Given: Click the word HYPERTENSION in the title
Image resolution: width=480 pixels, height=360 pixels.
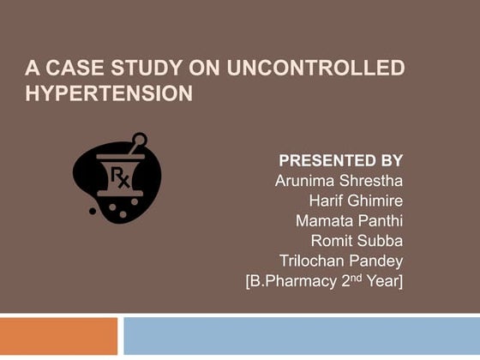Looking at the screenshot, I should click(x=109, y=93).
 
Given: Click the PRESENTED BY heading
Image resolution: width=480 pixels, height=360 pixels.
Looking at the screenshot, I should click(x=340, y=160).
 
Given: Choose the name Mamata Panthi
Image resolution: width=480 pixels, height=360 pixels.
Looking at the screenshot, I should click(x=349, y=220).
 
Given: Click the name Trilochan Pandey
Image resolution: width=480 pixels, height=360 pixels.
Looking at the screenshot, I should click(x=341, y=260).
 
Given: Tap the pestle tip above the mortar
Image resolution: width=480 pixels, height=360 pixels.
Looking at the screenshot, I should click(x=139, y=139).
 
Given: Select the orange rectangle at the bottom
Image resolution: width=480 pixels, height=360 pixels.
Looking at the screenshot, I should click(x=58, y=336).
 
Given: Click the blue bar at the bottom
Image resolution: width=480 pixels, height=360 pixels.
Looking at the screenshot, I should click(x=301, y=336).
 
